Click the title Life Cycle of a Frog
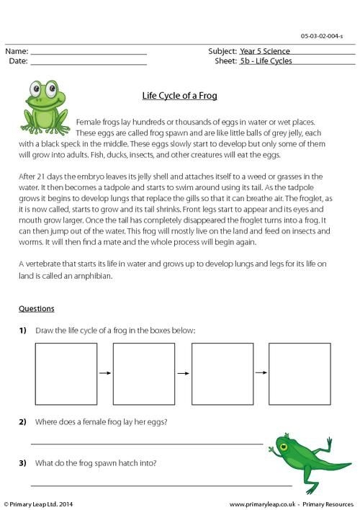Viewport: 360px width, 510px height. click(180, 96)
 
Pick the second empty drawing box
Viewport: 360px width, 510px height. click(143, 373)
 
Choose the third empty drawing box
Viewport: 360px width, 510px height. click(221, 373)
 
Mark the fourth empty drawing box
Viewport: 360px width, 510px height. click(299, 373)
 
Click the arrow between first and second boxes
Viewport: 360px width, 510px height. click(104, 373)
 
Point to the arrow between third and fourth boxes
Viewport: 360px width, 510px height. click(260, 373)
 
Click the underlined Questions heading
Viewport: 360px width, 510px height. click(36, 309)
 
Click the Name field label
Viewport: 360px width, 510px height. click(17, 52)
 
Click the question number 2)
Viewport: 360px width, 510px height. click(23, 421)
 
